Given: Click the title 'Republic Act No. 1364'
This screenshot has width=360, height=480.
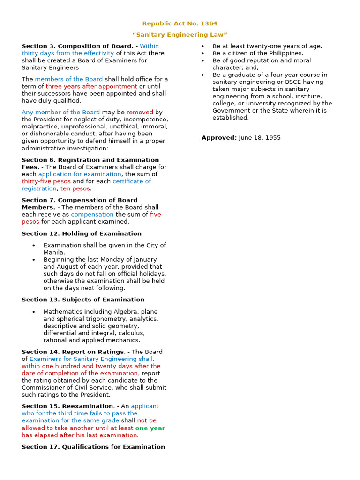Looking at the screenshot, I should [x=180, y=23].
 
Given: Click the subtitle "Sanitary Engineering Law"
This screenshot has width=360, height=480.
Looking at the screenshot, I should [x=180, y=35].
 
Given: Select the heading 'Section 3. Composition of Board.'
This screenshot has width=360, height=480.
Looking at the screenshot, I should [x=77, y=46].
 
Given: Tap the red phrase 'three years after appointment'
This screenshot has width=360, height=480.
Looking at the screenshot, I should [x=91, y=86].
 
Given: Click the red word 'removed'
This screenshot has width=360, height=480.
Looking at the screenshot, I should [x=140, y=112].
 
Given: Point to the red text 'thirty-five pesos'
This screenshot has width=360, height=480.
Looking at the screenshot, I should [x=46, y=181].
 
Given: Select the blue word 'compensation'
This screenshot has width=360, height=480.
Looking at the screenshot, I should [x=92, y=214].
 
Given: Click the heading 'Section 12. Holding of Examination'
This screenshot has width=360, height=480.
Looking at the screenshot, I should [x=82, y=233].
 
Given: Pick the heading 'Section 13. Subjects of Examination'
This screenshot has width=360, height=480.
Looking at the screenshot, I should [x=83, y=300].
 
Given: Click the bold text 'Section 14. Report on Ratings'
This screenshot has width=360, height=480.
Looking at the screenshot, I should [x=73, y=352].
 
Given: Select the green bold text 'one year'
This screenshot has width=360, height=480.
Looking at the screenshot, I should [x=150, y=428].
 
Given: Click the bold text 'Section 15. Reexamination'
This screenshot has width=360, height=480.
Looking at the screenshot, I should [x=67, y=406].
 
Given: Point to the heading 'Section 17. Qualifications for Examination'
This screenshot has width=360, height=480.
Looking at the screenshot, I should [x=93, y=447].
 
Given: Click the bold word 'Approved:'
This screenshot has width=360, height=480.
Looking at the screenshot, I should [x=219, y=138].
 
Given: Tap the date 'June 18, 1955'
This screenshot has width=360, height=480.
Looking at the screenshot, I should [x=260, y=138].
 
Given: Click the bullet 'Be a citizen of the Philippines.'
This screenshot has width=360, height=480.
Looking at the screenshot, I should [x=258, y=53].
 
